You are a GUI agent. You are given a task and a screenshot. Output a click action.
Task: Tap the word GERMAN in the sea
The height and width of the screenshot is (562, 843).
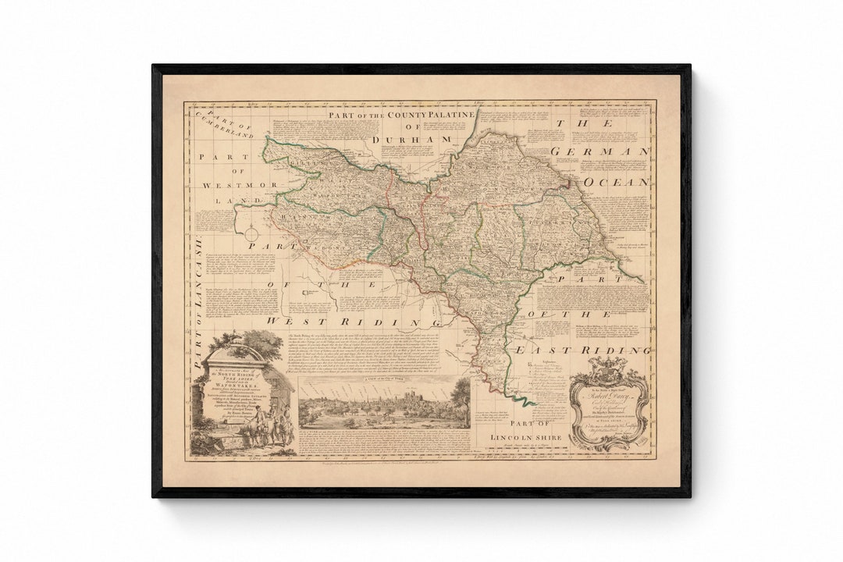point(599,151)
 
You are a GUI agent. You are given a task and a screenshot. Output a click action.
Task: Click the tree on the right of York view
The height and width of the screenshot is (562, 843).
point(460,397)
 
